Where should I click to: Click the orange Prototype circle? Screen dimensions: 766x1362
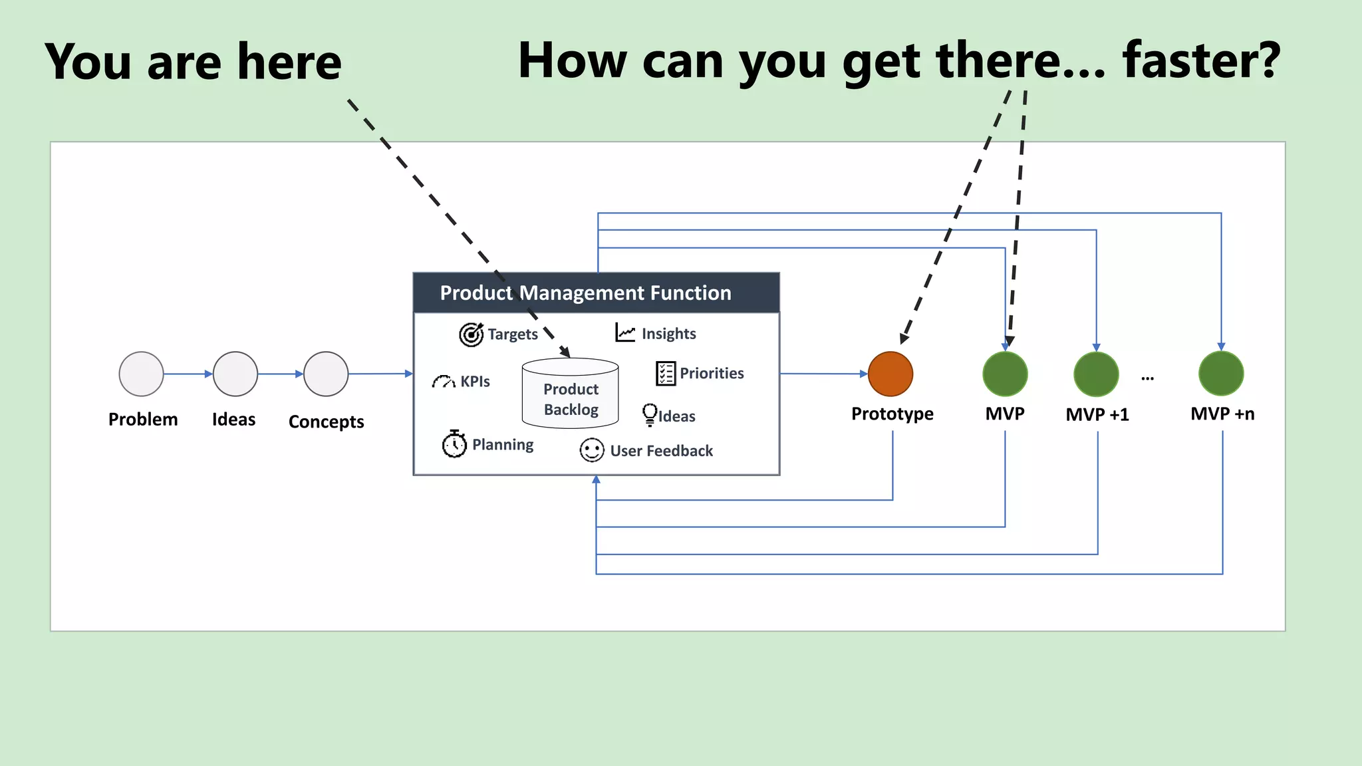890,374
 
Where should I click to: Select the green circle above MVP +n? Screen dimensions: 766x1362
1220,374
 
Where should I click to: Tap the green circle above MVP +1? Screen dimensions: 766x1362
1096,374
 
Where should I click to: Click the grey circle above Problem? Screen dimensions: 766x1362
141,374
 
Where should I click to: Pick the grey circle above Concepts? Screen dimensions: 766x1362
326,374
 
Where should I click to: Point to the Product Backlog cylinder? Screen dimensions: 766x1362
570,393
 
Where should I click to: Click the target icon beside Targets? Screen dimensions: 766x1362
472,334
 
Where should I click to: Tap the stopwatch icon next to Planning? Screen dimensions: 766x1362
454,444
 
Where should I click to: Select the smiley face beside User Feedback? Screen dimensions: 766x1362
591,450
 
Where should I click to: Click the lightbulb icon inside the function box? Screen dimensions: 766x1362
649,414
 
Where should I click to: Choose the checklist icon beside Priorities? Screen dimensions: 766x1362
665,373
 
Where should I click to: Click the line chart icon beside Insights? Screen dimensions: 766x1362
625,332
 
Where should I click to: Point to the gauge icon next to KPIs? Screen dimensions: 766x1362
444,381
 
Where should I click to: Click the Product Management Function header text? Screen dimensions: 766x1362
585,293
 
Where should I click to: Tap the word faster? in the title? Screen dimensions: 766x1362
1201,61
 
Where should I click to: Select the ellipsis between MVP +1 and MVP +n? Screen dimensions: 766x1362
1147,378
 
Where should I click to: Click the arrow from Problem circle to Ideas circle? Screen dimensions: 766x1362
188,374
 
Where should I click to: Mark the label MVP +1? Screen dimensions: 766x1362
1097,414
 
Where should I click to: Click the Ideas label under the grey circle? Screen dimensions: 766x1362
233,420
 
